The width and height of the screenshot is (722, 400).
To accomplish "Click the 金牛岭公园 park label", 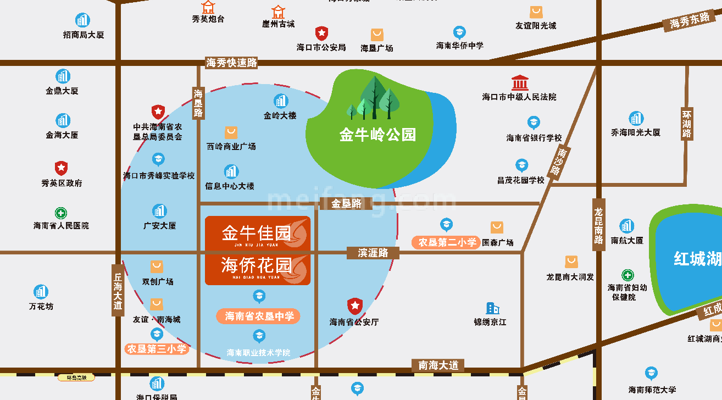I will click(377, 135).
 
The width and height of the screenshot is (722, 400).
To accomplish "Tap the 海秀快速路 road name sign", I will click(232, 63).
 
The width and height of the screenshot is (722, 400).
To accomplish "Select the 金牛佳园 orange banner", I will click(258, 234).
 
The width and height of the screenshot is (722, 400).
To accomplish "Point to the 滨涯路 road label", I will click(373, 253).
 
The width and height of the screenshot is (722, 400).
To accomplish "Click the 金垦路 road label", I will click(347, 203).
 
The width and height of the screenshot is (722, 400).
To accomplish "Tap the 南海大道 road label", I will click(438, 365).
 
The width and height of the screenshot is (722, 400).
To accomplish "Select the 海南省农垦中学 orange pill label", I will click(259, 316).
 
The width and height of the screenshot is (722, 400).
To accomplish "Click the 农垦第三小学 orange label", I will click(157, 348).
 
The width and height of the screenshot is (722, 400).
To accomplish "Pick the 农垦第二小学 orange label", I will click(447, 242).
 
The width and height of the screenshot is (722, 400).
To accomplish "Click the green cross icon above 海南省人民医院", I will click(61, 213).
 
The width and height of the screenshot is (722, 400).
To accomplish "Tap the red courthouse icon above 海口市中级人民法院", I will click(520, 84).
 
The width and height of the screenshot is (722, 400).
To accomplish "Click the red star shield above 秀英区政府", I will click(61, 168).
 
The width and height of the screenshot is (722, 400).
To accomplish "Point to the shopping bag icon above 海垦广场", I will click(377, 35).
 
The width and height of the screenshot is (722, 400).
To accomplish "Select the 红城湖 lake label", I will click(697, 259).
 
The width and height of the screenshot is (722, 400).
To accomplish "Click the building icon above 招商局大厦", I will click(83, 20).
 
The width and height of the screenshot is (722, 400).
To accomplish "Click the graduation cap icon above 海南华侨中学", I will click(459, 32).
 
